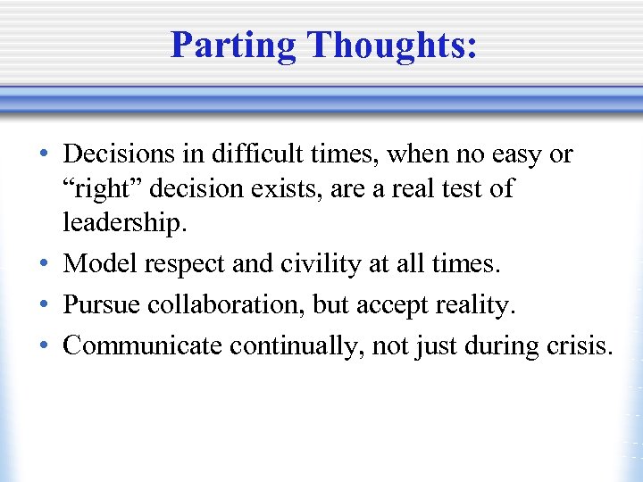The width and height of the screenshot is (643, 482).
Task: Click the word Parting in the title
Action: click(234, 46)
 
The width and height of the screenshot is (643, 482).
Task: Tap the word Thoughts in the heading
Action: click(389, 46)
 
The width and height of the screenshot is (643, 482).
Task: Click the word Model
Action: click(101, 264)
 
